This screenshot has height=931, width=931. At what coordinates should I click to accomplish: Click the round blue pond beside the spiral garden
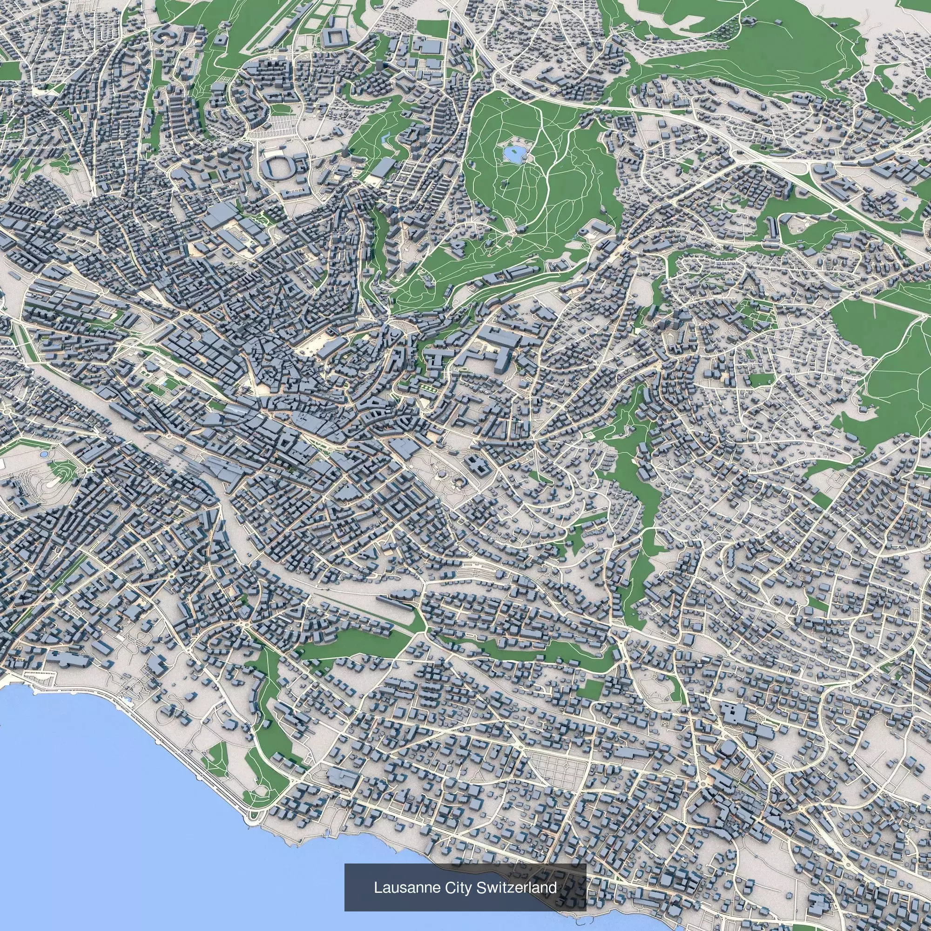click(x=44, y=454)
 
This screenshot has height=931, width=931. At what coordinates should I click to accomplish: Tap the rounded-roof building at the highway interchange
click(x=819, y=170)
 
